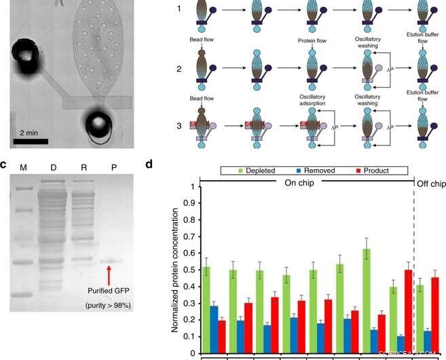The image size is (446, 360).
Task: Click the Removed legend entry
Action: [313, 170]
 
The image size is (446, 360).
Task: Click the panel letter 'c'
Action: [3, 164]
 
